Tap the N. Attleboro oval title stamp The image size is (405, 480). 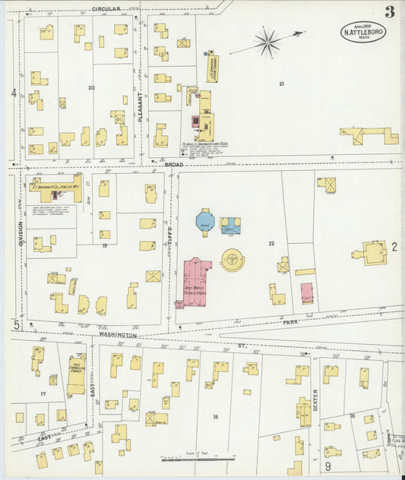[x=362, y=32]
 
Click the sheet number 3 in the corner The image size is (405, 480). [x=389, y=11]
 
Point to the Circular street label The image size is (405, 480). [x=107, y=9]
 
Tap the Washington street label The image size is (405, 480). [x=117, y=334]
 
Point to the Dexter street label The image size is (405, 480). [x=315, y=400]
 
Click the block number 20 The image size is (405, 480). [x=91, y=88]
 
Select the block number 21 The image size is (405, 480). [x=281, y=84]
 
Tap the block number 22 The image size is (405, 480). [x=271, y=243]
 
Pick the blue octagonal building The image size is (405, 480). [x=205, y=222]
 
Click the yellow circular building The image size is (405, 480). [x=233, y=260]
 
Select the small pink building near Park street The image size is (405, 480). [x=307, y=293]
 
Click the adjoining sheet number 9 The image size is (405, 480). [x=328, y=466]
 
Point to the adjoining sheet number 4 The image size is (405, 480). [x=13, y=93]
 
